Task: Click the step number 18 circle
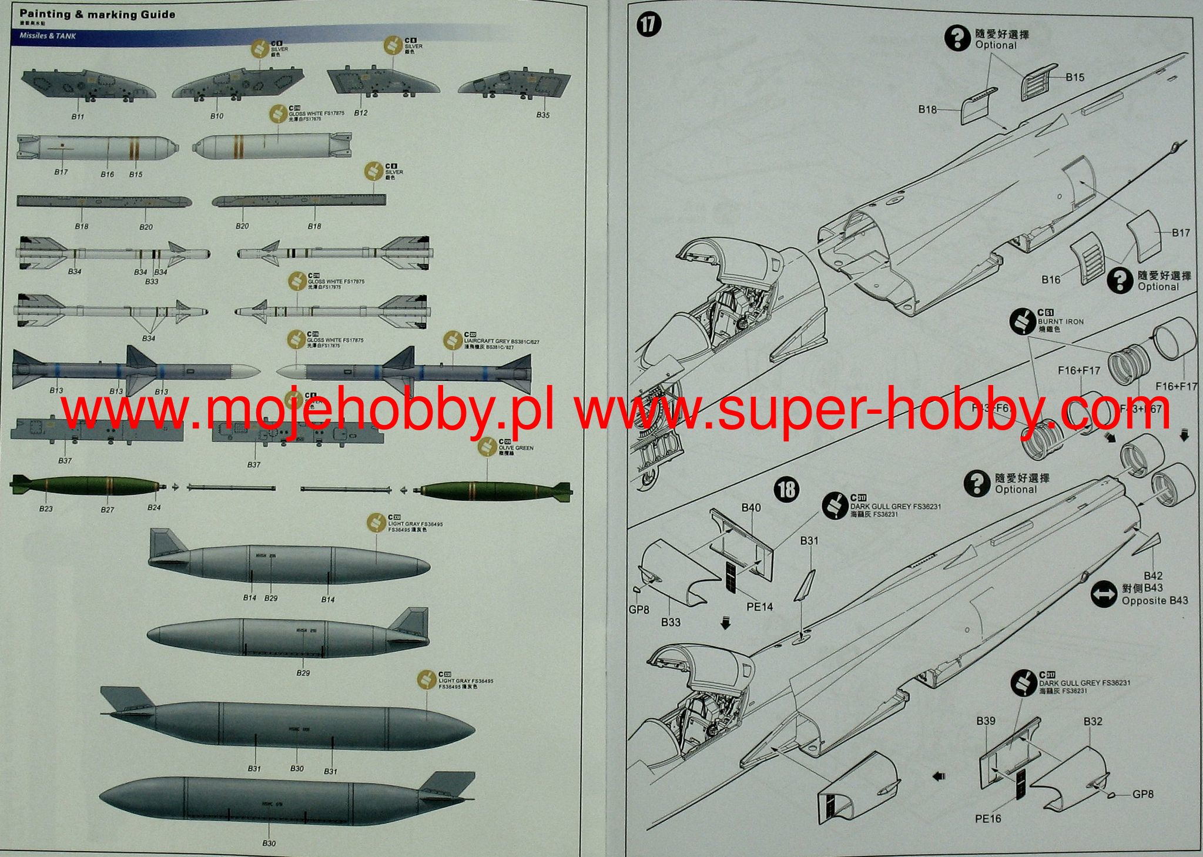[786, 489]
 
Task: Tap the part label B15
[1074, 77]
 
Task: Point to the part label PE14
[759, 606]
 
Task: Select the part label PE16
[987, 818]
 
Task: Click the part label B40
[751, 507]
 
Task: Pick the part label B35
[542, 115]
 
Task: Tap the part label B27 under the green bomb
[107, 510]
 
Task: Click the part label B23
[46, 508]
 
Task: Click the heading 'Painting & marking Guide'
[98, 14]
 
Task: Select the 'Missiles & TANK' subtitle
[48, 36]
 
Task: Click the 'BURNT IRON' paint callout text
[1060, 322]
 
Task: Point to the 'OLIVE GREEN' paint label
[515, 448]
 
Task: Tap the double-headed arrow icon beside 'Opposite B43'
[1103, 594]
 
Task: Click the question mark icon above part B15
[957, 38]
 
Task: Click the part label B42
[1152, 575]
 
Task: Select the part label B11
[78, 116]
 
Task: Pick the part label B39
[986, 721]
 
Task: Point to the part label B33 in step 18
[671, 621]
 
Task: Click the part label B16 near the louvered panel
[1051, 279]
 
